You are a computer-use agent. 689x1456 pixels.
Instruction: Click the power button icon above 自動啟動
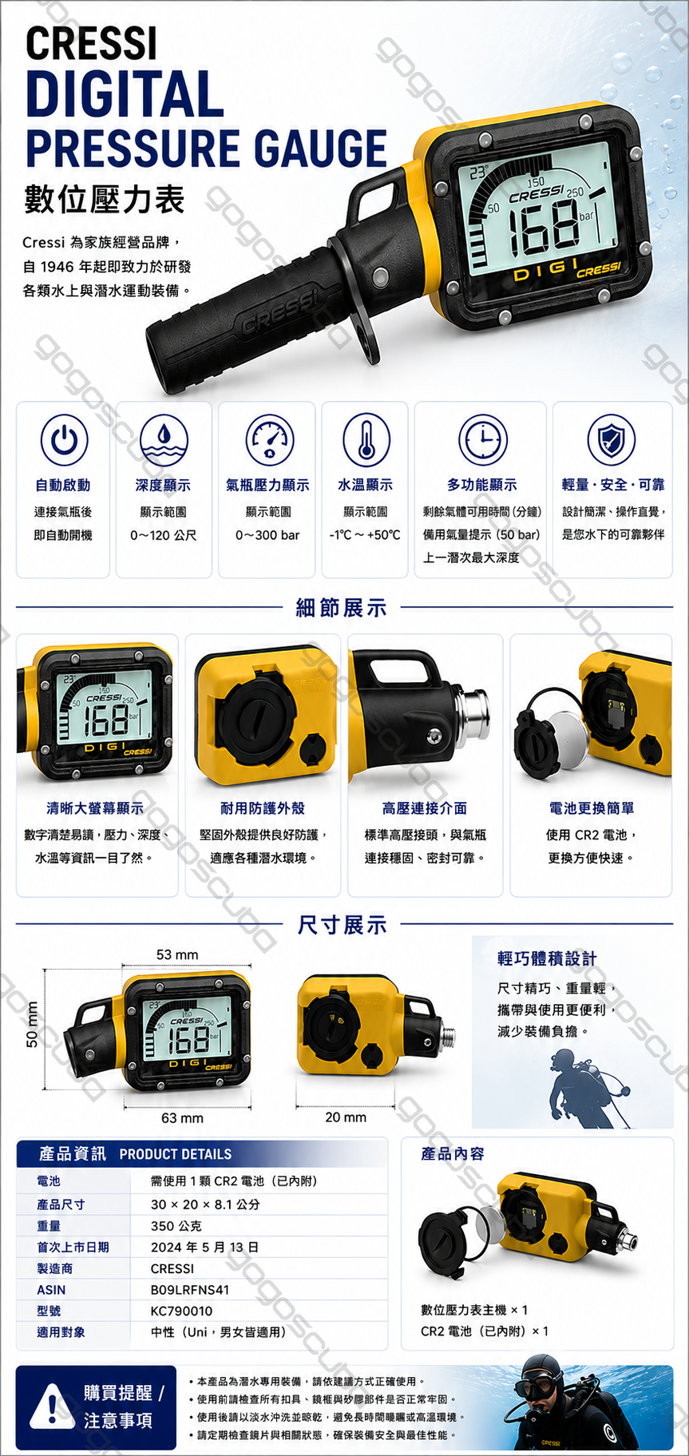(x=64, y=438)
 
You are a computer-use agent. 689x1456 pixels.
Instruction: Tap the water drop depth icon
(x=163, y=438)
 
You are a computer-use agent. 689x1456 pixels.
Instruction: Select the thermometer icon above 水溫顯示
(x=366, y=438)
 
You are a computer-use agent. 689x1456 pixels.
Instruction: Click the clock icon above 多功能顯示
(x=482, y=438)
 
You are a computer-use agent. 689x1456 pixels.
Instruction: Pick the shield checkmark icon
(x=612, y=438)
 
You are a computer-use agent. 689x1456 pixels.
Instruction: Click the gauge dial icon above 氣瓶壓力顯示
(x=268, y=438)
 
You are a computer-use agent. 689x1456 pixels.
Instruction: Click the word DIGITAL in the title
(x=125, y=93)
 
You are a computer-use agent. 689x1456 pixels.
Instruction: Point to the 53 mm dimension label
(x=177, y=954)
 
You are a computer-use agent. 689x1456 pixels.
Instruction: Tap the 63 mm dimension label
(x=182, y=1117)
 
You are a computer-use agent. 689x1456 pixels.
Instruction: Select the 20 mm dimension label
(x=346, y=1117)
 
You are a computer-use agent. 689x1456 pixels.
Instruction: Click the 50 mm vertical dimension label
(x=33, y=1024)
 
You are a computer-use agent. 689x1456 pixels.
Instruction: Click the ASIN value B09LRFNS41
(x=190, y=1289)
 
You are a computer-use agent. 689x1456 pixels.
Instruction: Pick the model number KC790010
(x=182, y=1311)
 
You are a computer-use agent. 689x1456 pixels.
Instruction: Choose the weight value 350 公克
(x=176, y=1225)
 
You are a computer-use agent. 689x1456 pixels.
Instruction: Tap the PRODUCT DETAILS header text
(x=176, y=1154)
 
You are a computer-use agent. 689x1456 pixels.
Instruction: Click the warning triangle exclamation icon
(x=51, y=1407)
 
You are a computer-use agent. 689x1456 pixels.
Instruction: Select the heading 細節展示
(x=342, y=608)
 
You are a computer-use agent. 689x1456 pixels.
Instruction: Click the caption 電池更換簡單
(x=592, y=808)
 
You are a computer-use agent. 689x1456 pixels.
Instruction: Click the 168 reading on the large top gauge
(x=543, y=226)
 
